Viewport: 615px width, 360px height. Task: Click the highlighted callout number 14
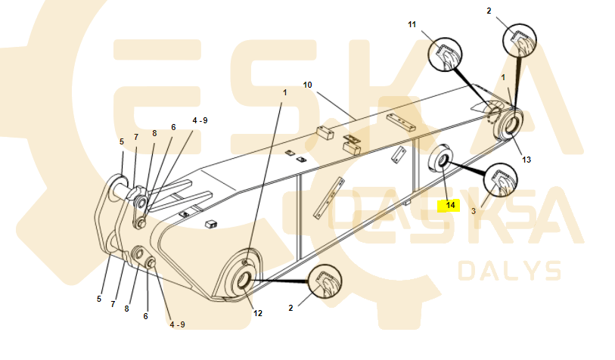coord(450,205)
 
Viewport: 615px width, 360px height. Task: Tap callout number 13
coord(526,160)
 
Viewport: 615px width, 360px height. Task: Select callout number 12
coord(258,313)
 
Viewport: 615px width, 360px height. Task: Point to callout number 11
coord(412,25)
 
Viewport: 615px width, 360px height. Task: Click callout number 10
coord(307,85)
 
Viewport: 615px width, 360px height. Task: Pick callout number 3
coord(474,211)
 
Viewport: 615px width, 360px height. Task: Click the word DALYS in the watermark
coord(510,271)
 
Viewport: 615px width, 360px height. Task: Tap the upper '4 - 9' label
coord(200,121)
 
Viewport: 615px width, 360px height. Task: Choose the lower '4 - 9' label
coord(177,324)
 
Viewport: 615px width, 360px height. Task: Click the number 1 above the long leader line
coord(284,92)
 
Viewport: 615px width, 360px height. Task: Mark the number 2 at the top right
coord(489,11)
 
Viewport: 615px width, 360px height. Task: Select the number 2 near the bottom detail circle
coord(290,309)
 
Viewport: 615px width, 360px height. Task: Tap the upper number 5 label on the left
coord(122,142)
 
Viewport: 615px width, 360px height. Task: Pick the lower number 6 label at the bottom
coord(145,316)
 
